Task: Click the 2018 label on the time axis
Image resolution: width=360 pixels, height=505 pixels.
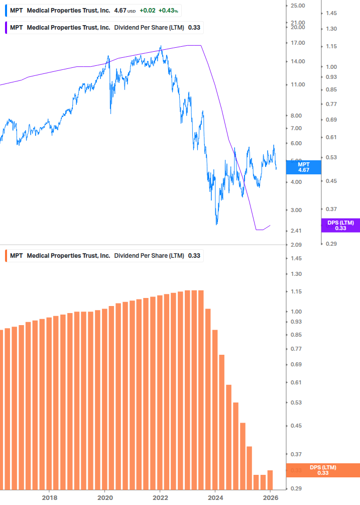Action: pos(49,498)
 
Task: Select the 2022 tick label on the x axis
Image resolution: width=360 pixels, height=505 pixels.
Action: pos(160,498)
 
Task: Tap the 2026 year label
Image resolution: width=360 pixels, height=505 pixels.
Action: pos(270,498)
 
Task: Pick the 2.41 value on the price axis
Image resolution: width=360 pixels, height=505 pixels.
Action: pos(296,231)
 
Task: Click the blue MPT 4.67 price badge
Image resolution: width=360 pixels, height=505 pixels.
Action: pos(303,167)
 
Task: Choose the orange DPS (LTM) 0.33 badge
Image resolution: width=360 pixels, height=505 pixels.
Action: pos(323,470)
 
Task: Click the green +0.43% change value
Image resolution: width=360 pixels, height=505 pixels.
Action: pos(168,10)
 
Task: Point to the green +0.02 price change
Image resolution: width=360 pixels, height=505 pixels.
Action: pos(148,10)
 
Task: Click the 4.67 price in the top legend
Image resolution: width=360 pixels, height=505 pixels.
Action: pos(120,10)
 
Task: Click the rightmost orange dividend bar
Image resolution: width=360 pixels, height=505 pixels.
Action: pos(270,480)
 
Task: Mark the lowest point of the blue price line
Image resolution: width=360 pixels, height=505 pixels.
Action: pos(217,224)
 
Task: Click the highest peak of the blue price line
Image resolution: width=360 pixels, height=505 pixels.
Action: pos(160,46)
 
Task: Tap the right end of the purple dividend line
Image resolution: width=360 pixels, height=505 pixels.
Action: pos(270,226)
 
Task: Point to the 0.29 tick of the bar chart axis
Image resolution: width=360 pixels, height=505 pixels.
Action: pos(296,488)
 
